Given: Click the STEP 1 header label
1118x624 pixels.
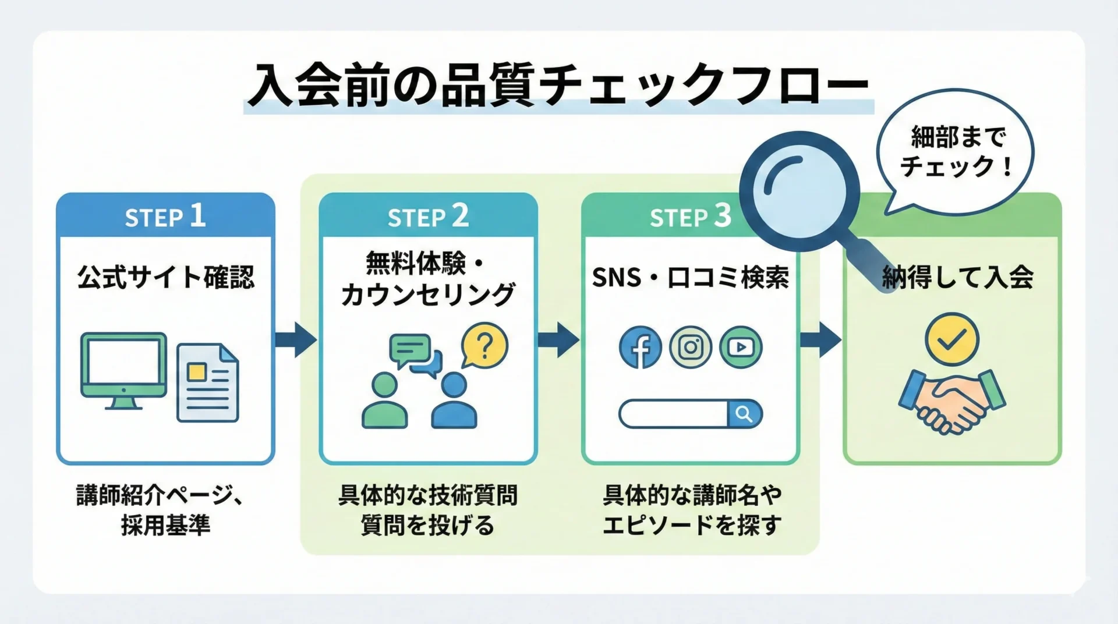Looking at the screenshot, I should coord(165,217).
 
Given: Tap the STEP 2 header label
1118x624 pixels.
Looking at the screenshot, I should coord(428,217).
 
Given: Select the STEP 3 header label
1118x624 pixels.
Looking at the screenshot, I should coord(690,217).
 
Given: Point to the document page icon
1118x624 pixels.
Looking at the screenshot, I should coord(208,382).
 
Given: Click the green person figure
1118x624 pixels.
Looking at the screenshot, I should coord(384,402).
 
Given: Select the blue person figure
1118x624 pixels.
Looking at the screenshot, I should coord(454,402).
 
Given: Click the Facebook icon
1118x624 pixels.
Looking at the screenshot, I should coord(640,348).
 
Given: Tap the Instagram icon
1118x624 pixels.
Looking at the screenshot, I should coord(691,348).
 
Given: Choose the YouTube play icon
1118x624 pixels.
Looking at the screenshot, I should coord(741,348).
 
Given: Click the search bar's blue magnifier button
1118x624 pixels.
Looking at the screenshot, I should coord(744,414).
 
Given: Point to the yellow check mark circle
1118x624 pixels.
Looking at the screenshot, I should coord(952,339).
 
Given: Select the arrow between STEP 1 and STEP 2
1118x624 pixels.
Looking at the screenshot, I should coord(296,339).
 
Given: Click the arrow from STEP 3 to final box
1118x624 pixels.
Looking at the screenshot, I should coord(820,339).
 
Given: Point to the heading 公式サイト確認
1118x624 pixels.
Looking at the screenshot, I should coord(166,277).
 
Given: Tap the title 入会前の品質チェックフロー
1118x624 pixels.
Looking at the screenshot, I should coord(558,86).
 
